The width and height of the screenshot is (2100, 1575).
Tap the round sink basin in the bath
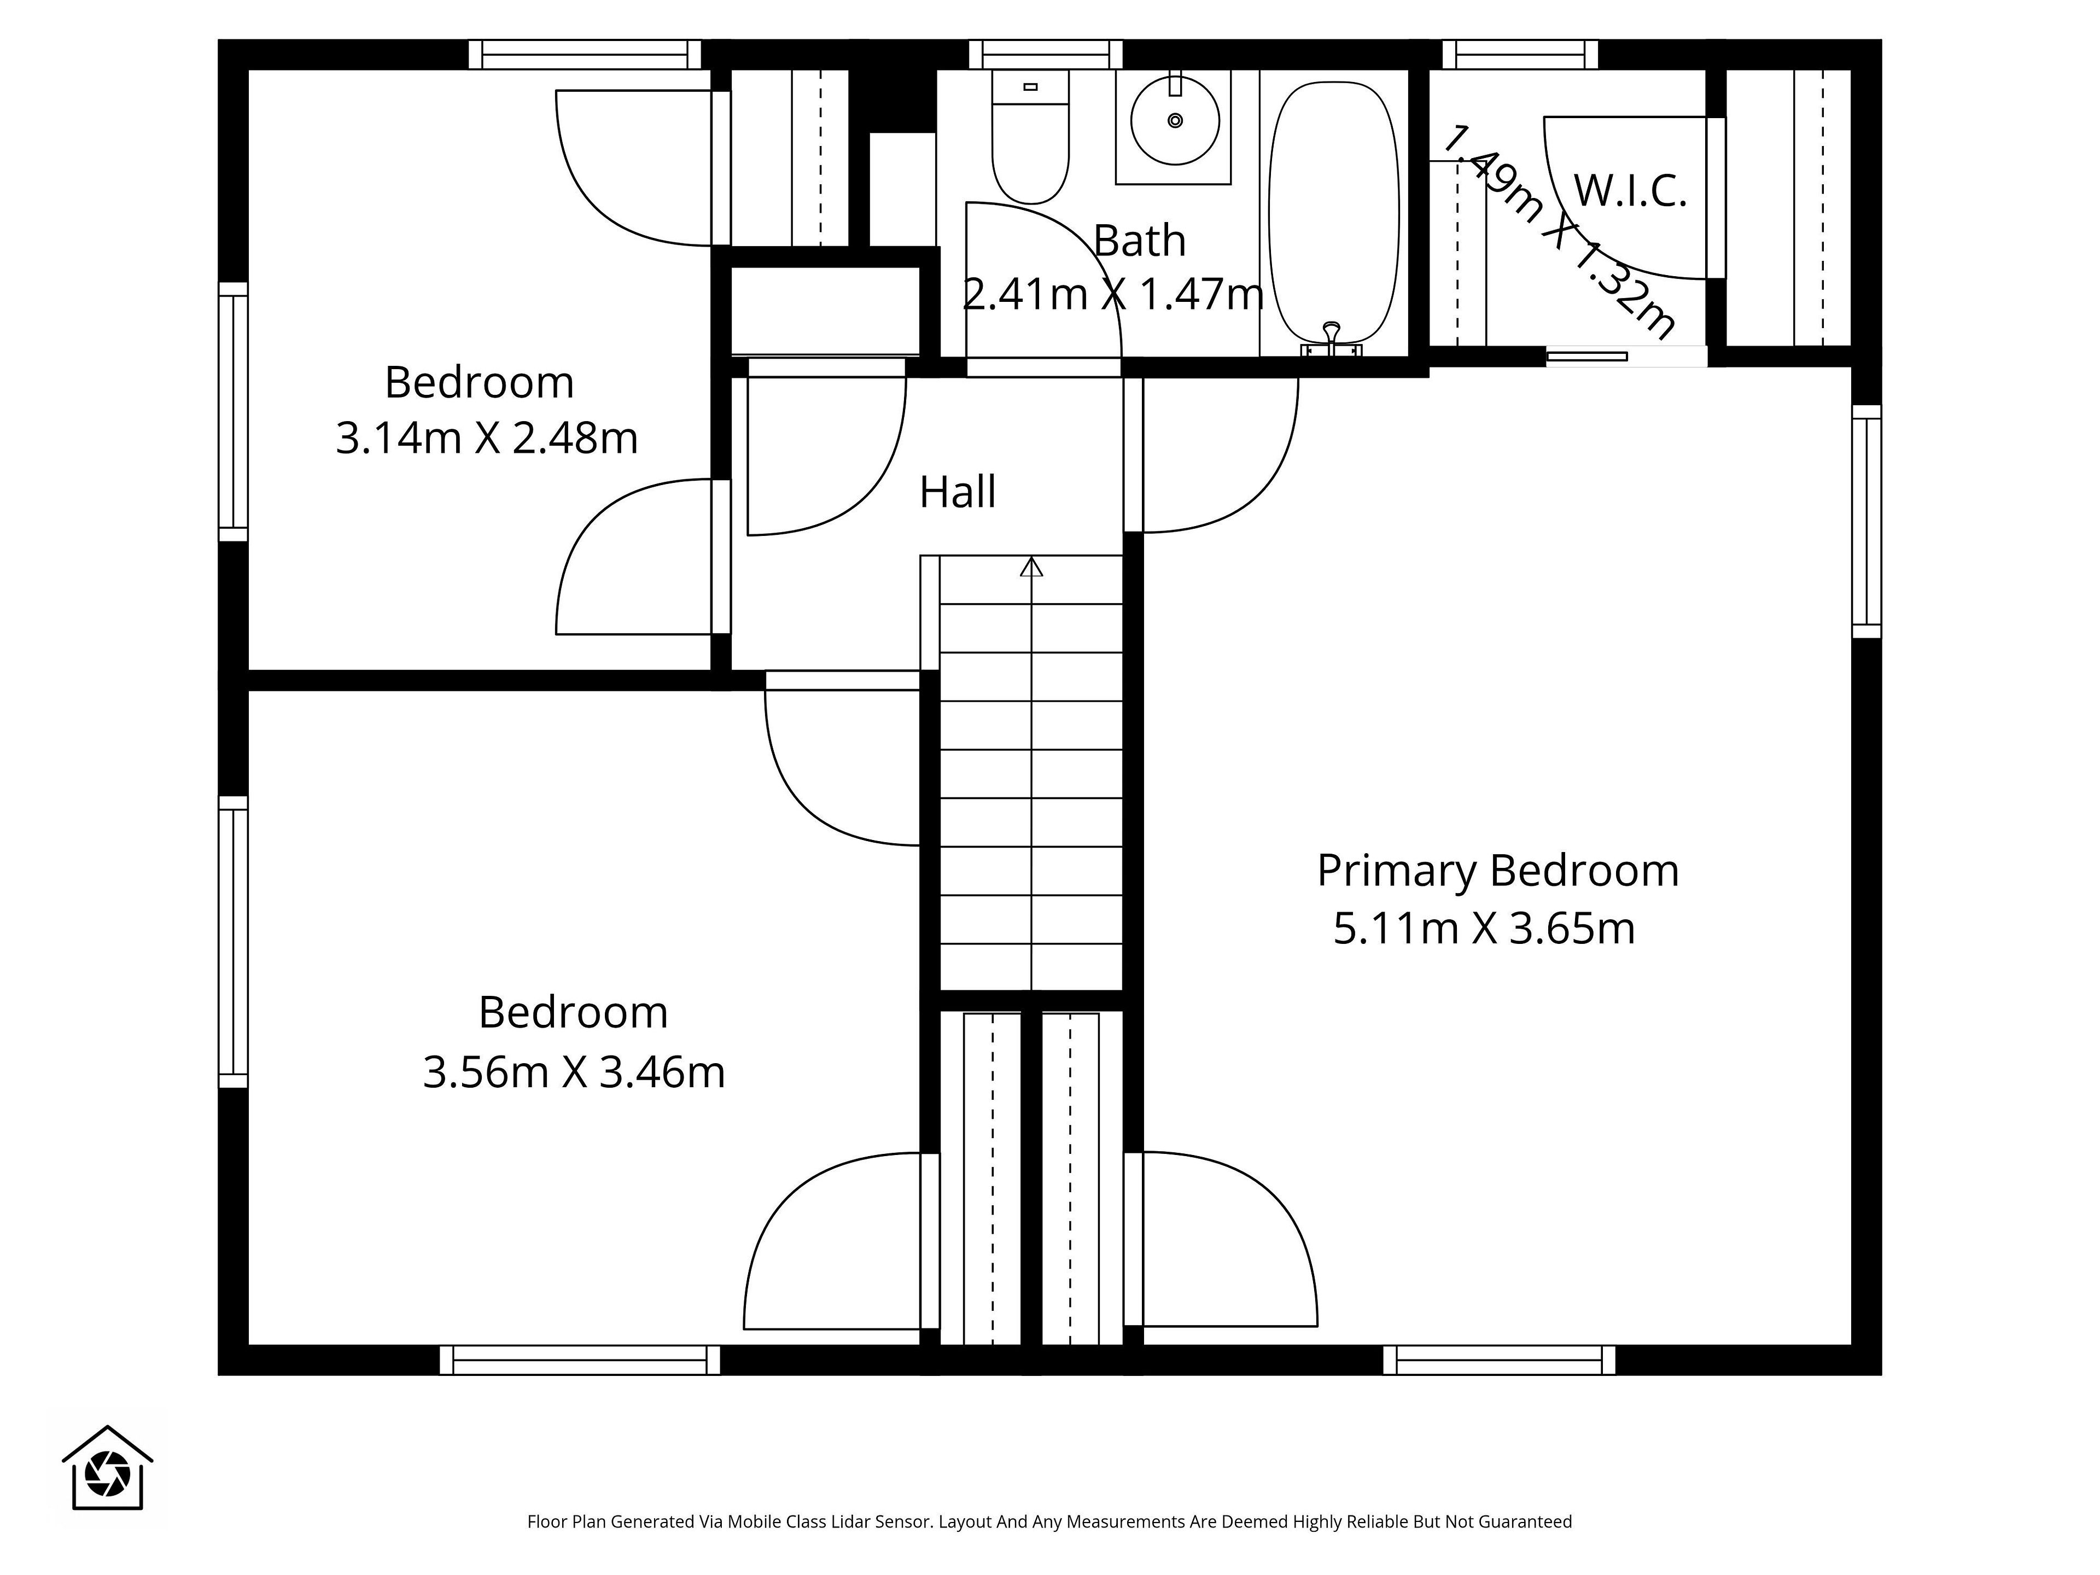1175,120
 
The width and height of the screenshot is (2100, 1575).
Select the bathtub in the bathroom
1334,214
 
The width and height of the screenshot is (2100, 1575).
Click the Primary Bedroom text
1498,871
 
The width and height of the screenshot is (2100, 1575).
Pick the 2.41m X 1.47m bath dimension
1113,294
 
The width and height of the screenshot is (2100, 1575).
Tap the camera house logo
107,1467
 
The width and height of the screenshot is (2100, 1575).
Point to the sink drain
1175,120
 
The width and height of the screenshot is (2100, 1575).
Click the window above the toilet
1045,54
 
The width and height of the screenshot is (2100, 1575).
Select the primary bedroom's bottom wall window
1499,1360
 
